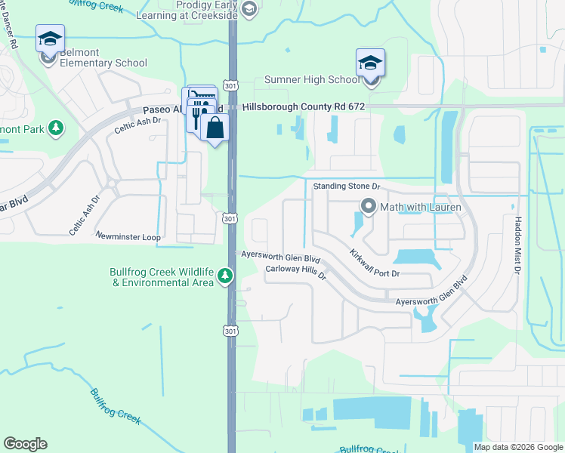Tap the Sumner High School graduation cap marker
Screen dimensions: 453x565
click(x=370, y=63)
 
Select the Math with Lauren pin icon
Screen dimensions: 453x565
click(x=369, y=205)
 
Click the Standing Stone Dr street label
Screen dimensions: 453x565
click(x=346, y=185)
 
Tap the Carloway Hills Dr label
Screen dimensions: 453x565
click(x=295, y=273)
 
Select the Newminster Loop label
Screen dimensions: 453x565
click(x=128, y=236)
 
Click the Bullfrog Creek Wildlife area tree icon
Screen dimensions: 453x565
click(x=224, y=277)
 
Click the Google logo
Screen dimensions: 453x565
click(x=25, y=444)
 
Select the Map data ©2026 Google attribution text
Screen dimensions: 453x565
click(x=517, y=447)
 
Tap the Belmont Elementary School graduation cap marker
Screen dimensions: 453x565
click(x=50, y=39)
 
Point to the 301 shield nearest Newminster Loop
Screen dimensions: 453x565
click(x=230, y=218)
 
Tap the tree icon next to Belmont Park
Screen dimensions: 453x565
click(x=55, y=128)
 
